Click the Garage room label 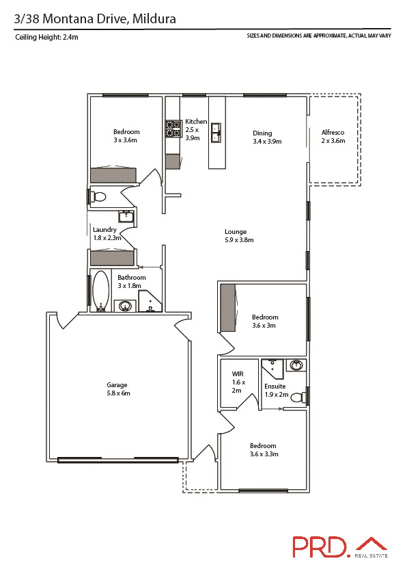coord(117,389)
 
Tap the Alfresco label coord(333,136)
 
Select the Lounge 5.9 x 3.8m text coord(239,236)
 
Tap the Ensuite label coord(276,391)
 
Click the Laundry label coord(107,234)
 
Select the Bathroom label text coord(131,281)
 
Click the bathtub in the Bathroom coord(101,291)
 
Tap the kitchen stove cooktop coord(171,130)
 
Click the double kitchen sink coord(216,132)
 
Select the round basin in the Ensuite coord(296,365)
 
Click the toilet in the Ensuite coord(298,396)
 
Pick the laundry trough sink coord(126,218)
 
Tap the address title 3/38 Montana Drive coord(96,19)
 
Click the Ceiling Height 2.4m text coord(46,38)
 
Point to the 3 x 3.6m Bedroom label coord(126,136)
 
